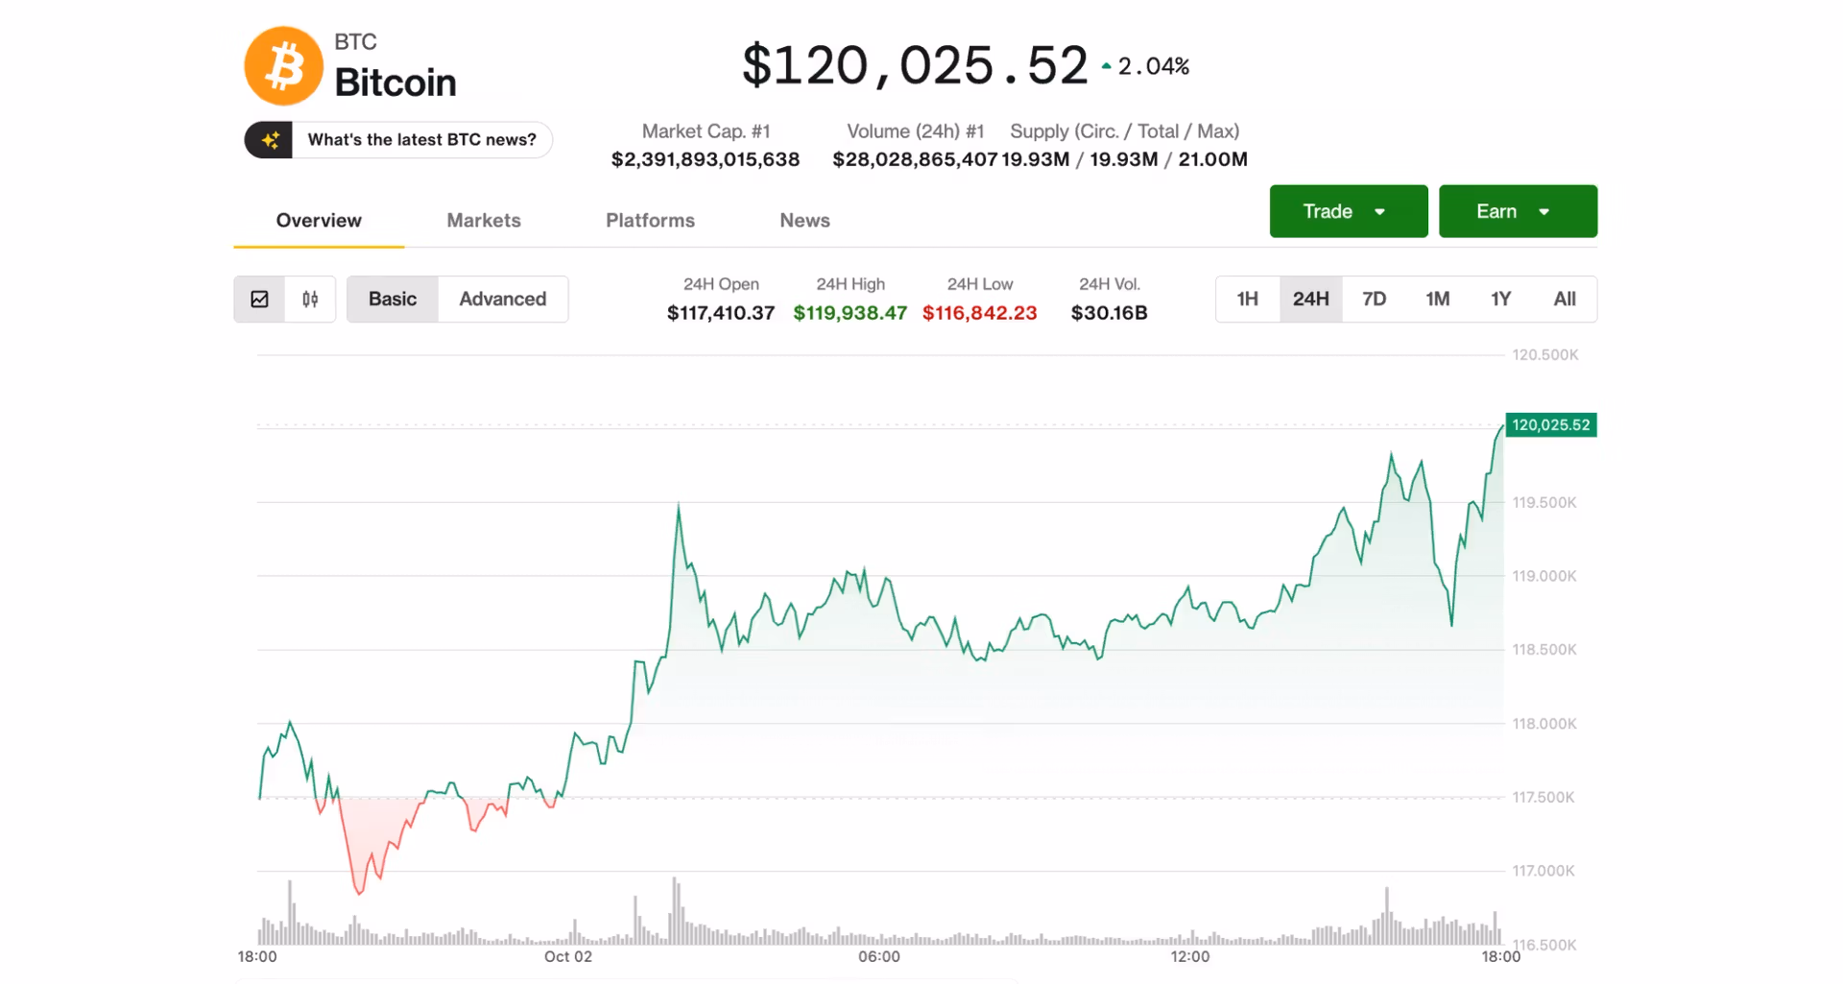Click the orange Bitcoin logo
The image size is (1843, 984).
[283, 66]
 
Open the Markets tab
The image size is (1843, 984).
[484, 220]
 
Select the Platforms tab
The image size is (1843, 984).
[650, 220]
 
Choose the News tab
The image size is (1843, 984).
[804, 220]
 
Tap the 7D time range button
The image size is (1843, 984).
[1374, 299]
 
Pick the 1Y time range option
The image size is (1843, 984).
[1500, 299]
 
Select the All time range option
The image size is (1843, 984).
[1564, 299]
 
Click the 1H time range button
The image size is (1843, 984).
[1247, 299]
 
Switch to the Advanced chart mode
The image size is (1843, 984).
[502, 299]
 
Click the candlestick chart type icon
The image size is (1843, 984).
[310, 299]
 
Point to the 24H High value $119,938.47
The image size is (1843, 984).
[850, 313]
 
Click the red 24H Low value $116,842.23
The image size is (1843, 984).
[979, 313]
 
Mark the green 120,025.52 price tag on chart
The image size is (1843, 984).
[1550, 424]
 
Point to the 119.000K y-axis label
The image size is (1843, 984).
[1544, 576]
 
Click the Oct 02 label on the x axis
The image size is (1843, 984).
[568, 956]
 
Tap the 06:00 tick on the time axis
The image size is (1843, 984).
[879, 956]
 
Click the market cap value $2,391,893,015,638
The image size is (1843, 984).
[706, 159]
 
